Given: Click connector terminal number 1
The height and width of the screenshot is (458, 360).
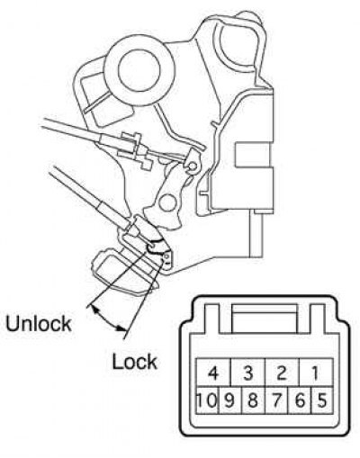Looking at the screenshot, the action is [316, 373].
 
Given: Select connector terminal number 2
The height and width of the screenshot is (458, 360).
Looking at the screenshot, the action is [283, 373].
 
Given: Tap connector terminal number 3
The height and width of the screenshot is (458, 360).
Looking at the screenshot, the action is [247, 373].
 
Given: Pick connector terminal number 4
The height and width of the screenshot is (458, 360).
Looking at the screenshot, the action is [213, 373].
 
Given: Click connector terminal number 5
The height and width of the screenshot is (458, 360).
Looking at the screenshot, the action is [322, 400].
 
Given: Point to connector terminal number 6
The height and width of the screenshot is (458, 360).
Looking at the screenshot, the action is [300, 400].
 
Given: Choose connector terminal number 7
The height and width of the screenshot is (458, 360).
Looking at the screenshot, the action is [276, 400].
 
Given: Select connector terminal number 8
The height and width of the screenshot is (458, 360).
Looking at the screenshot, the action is [253, 400].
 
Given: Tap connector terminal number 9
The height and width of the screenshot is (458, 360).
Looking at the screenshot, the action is [230, 400].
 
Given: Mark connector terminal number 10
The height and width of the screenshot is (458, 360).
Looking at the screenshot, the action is [208, 400].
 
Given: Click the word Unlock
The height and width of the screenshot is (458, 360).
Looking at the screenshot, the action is [39, 324].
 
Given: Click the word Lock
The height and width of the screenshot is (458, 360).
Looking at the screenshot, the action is [134, 362].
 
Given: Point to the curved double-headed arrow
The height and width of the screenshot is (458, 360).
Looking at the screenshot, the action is [107, 319].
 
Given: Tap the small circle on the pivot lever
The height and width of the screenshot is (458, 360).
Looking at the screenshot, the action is [166, 203].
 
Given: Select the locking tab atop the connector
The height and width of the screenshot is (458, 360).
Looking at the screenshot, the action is [265, 319].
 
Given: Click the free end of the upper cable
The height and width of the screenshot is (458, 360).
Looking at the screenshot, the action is [44, 122].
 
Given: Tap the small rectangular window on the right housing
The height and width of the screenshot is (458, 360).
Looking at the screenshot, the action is [254, 155].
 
